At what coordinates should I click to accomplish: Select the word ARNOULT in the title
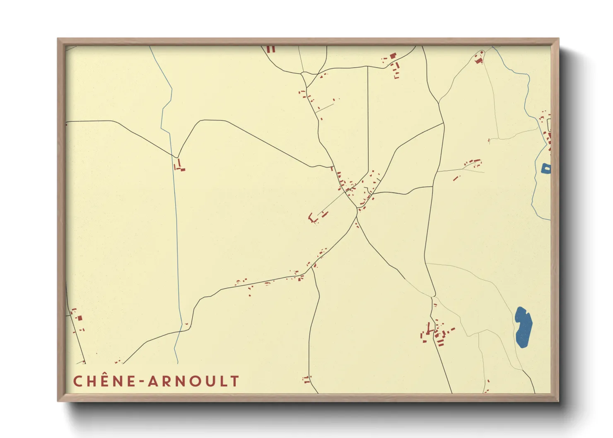pos(194,381)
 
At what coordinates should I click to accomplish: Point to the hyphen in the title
pos(142,381)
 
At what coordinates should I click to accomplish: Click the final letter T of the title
pos(235,381)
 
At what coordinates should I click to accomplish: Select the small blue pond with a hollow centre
pos(546,168)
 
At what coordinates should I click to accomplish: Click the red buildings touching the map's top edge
pos(271,49)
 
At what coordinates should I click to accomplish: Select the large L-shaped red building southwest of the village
pos(311,217)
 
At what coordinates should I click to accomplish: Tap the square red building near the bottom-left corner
pos(80,318)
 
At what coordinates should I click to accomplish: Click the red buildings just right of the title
pos(307,379)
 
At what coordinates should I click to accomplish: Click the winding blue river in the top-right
pos(527,95)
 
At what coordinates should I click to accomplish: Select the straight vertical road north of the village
pos(368,120)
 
